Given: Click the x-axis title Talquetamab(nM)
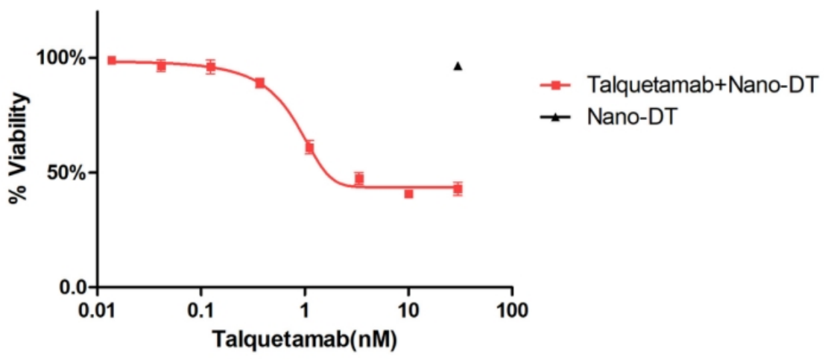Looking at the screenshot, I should click(x=303, y=339).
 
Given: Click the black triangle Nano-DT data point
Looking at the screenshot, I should click(x=458, y=66).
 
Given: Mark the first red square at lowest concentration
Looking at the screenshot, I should click(x=112, y=60).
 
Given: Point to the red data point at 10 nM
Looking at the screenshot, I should click(x=409, y=194).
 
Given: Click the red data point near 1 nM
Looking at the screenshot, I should click(x=309, y=148).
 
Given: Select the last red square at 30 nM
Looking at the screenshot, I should click(x=458, y=189).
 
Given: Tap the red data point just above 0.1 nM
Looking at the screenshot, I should click(x=211, y=67).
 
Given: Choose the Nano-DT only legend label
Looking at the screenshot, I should click(x=631, y=117).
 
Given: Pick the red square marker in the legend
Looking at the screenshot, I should click(x=555, y=84).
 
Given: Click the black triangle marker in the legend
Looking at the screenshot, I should click(x=555, y=118).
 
